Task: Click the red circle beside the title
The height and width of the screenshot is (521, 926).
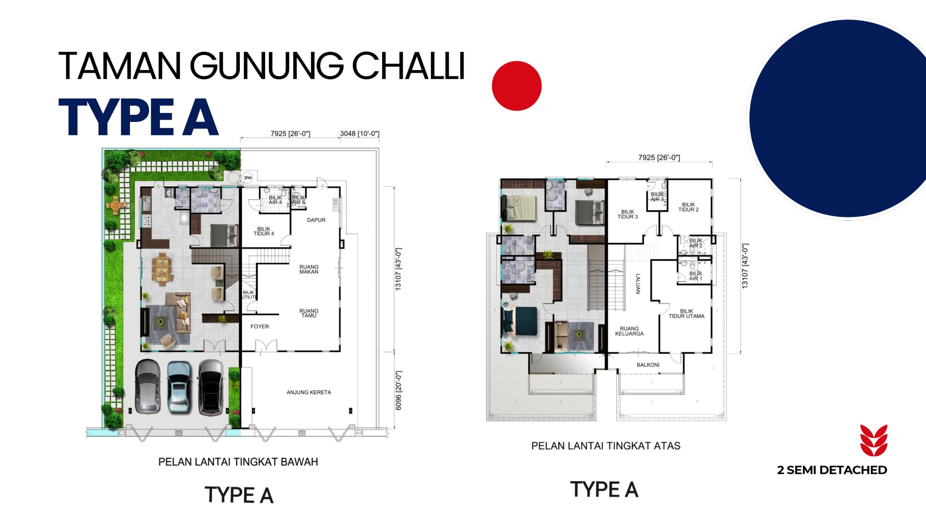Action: click(517, 86)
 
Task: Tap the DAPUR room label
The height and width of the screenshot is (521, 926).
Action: click(316, 220)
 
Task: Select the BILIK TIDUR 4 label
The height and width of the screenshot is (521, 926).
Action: click(264, 231)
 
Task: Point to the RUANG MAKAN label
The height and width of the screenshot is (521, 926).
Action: click(309, 269)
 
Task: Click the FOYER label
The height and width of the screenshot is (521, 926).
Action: click(260, 326)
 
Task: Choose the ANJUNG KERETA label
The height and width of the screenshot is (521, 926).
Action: click(309, 392)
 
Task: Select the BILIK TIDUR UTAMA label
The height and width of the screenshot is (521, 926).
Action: click(687, 314)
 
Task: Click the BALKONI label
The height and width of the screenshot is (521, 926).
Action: click(648, 365)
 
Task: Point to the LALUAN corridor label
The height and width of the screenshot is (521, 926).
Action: click(638, 284)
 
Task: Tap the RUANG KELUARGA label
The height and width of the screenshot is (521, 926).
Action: click(629, 331)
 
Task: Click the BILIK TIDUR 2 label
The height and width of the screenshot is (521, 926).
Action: click(688, 207)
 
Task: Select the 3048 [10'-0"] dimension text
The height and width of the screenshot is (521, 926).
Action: click(360, 134)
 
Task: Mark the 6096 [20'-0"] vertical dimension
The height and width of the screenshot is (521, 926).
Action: click(399, 390)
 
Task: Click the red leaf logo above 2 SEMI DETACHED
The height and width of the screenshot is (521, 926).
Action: click(874, 440)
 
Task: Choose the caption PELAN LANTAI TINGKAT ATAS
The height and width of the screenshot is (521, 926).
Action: click(606, 446)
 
